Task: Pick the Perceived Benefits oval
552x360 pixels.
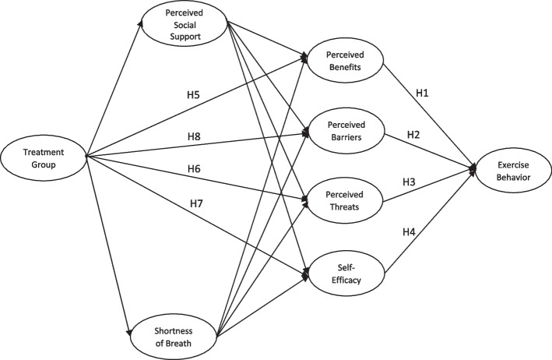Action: pyautogui.click(x=344, y=61)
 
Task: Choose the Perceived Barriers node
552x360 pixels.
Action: pyautogui.click(x=345, y=130)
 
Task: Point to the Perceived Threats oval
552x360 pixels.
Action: pyautogui.click(x=345, y=194)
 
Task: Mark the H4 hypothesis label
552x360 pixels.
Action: pyautogui.click(x=409, y=231)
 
